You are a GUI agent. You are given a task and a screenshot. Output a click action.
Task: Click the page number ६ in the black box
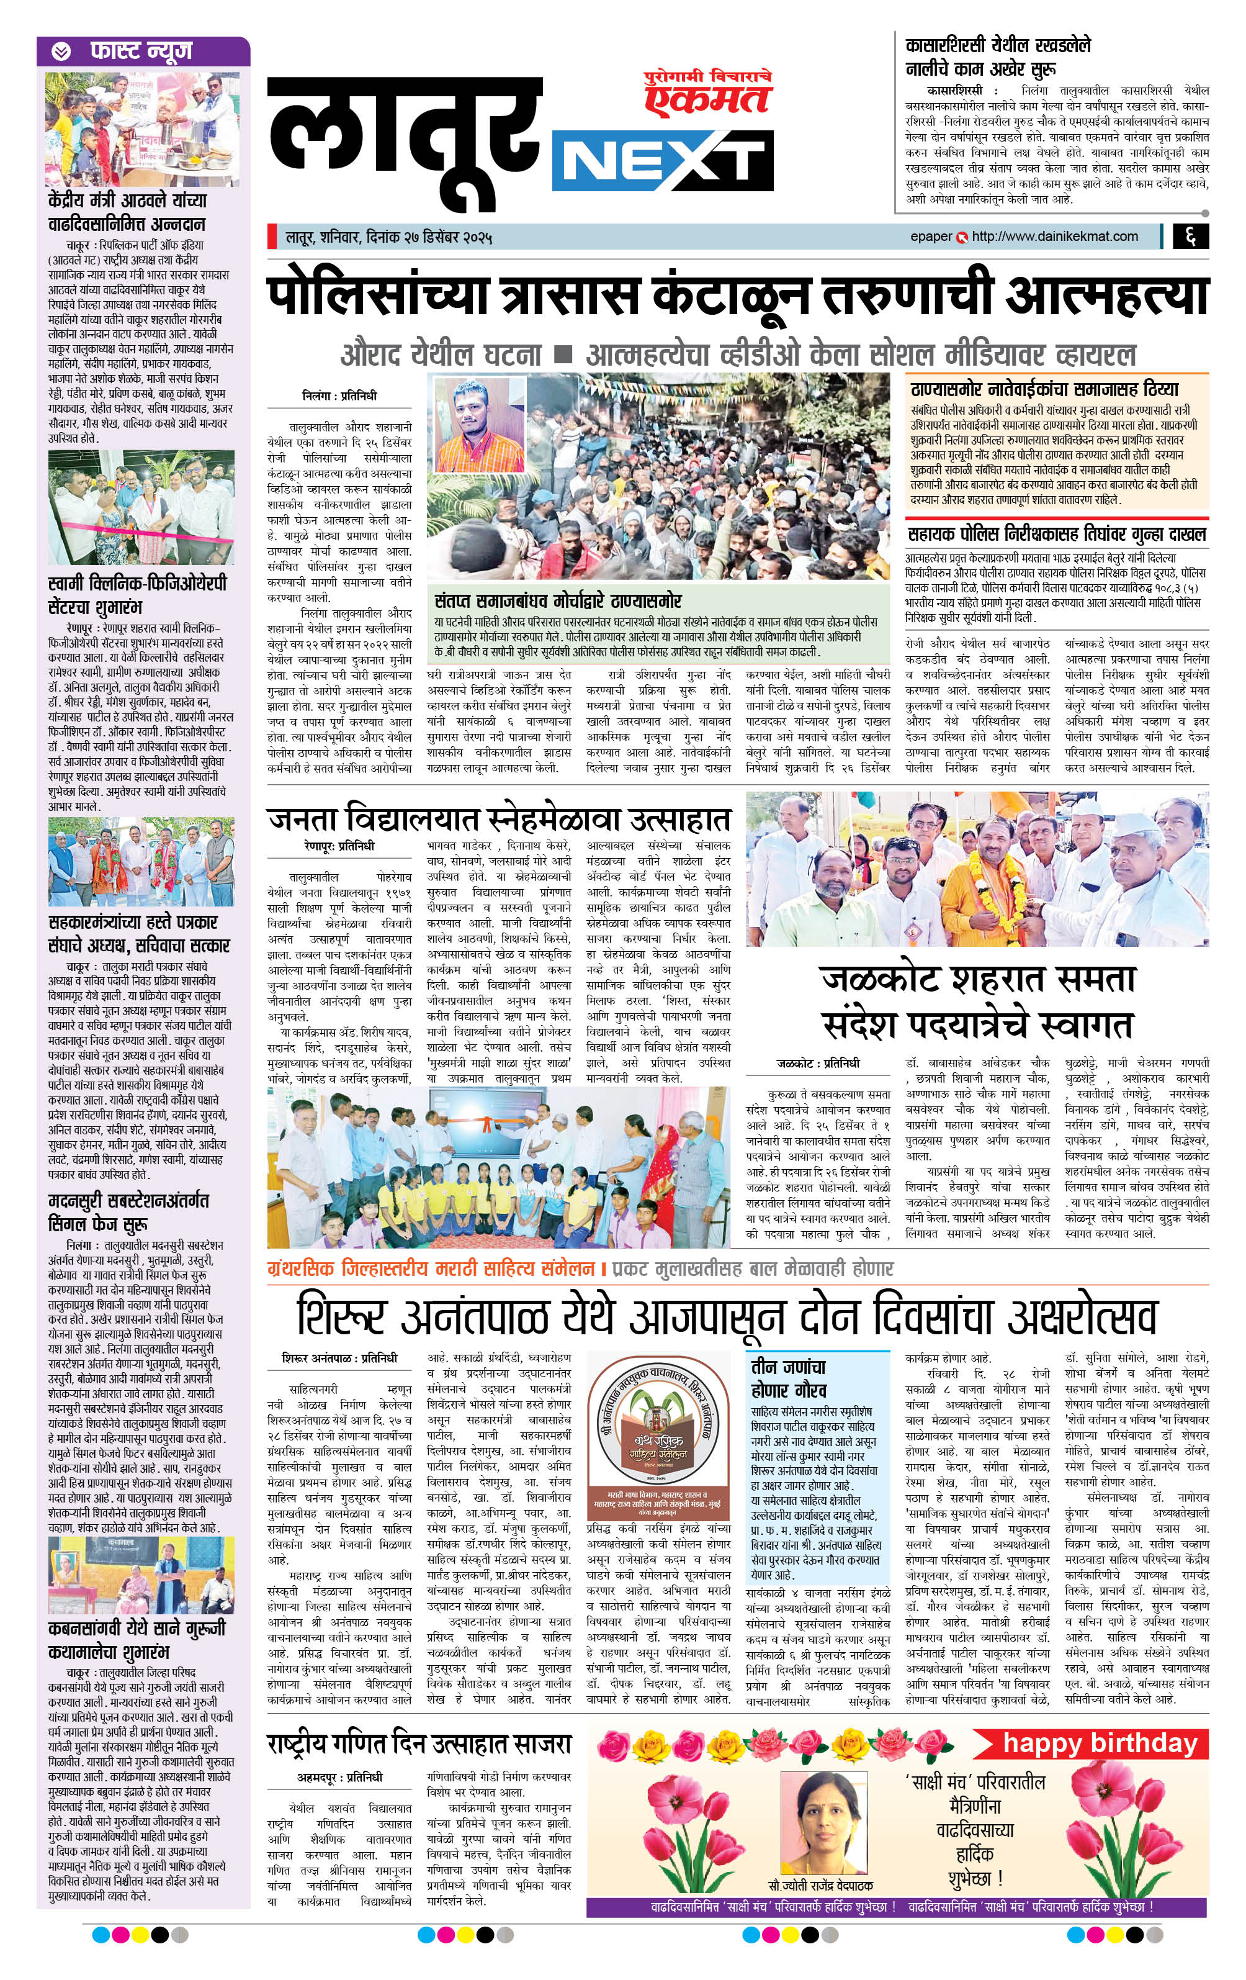tap(1190, 237)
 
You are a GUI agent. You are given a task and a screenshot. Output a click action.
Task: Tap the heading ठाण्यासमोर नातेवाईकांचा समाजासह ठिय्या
tap(1043, 388)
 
